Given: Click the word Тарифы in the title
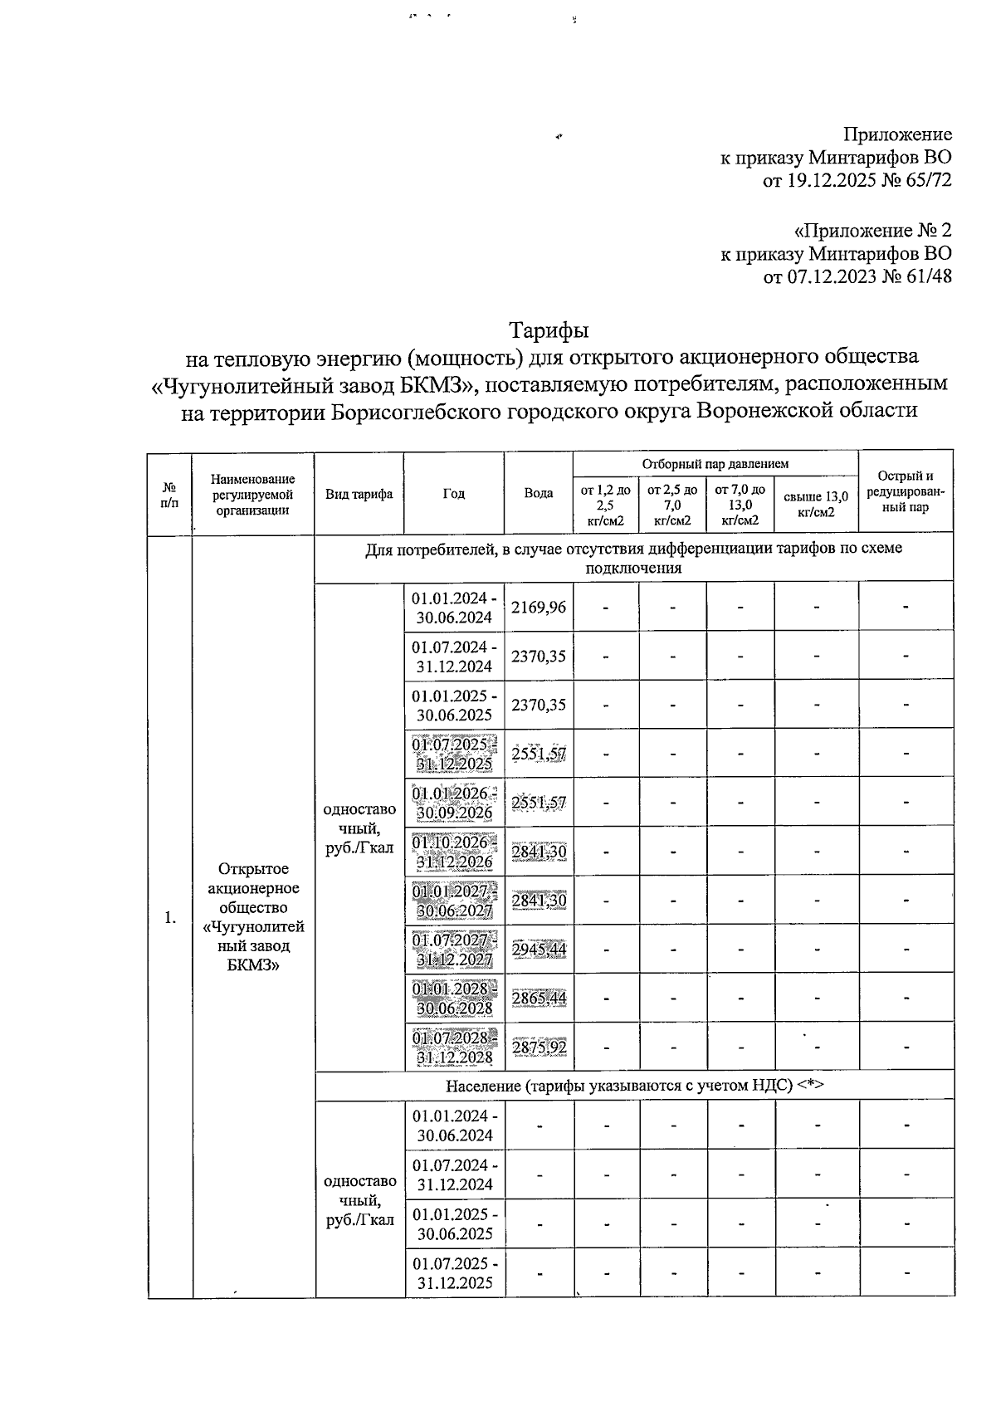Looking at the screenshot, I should click(x=549, y=330).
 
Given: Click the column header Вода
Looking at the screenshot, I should click(x=539, y=493).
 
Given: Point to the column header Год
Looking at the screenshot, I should click(x=453, y=493).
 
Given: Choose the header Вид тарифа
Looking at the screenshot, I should click(x=359, y=493).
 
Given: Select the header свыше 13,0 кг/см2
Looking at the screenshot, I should click(x=816, y=504).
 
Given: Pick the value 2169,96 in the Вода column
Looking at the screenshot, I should click(x=539, y=607).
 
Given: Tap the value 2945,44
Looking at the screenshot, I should click(x=539, y=949).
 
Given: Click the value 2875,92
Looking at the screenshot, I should click(x=539, y=1047).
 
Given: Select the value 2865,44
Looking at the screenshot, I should click(x=539, y=998).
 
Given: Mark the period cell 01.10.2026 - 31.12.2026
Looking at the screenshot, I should click(x=455, y=852).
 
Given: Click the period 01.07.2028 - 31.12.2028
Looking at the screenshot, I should click(x=455, y=1047).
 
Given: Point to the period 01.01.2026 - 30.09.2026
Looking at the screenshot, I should click(x=455, y=803).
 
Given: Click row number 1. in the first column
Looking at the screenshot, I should click(x=169, y=917).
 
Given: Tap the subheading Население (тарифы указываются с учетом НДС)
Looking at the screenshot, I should click(x=634, y=1086).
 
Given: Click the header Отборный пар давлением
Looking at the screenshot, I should click(x=715, y=463).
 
